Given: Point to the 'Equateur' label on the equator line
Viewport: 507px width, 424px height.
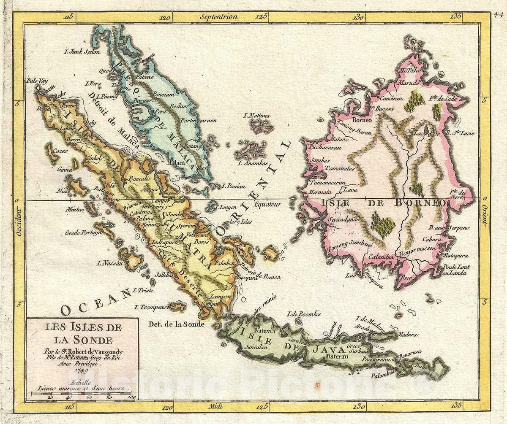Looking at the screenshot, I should tap(267, 205).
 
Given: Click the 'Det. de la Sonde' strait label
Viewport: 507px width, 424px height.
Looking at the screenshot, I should tap(177, 324).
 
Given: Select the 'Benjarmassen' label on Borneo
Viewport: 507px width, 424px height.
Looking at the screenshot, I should tap(415, 248).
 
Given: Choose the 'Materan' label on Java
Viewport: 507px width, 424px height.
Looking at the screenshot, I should tap(336, 356).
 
